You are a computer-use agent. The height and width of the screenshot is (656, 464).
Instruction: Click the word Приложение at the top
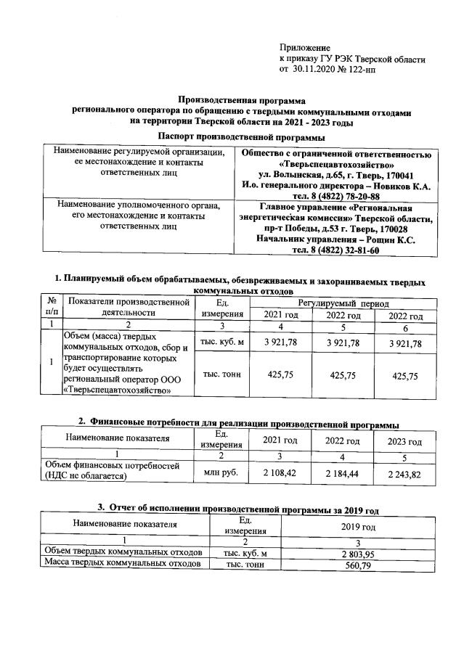pyautogui.click(x=305, y=47)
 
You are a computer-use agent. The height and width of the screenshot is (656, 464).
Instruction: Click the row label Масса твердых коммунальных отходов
pyautogui.click(x=122, y=564)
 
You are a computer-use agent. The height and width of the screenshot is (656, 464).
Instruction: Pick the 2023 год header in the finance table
pyautogui.click(x=404, y=440)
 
